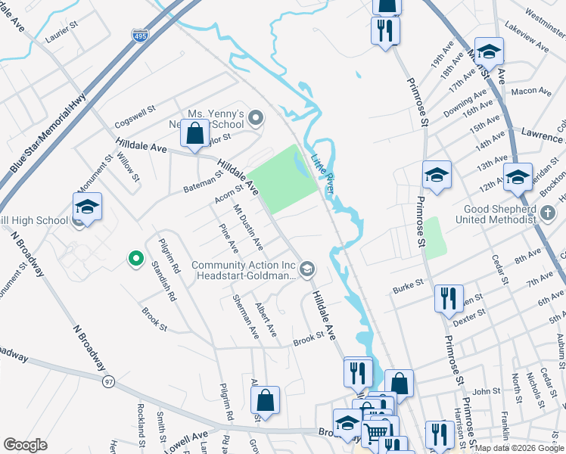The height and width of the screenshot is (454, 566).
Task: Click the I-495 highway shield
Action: click(139, 36)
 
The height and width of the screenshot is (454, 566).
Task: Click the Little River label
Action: click(323, 172)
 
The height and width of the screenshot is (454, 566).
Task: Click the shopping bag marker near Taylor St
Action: click(195, 134)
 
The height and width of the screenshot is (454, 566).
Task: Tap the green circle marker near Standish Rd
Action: click(135, 260)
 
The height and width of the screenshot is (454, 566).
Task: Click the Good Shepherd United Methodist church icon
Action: click(549, 213)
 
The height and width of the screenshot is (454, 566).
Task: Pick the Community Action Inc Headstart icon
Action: click(306, 269)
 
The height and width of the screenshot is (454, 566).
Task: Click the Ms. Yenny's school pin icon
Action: click(256, 117)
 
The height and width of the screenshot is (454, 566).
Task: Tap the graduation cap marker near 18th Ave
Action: click(489, 51)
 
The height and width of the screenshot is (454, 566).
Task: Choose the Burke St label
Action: click(407, 289)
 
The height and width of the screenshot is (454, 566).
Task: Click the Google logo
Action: click(26, 445)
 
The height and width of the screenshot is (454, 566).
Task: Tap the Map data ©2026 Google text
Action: click(520, 448)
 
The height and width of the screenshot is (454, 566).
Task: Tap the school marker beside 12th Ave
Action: click(518, 178)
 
